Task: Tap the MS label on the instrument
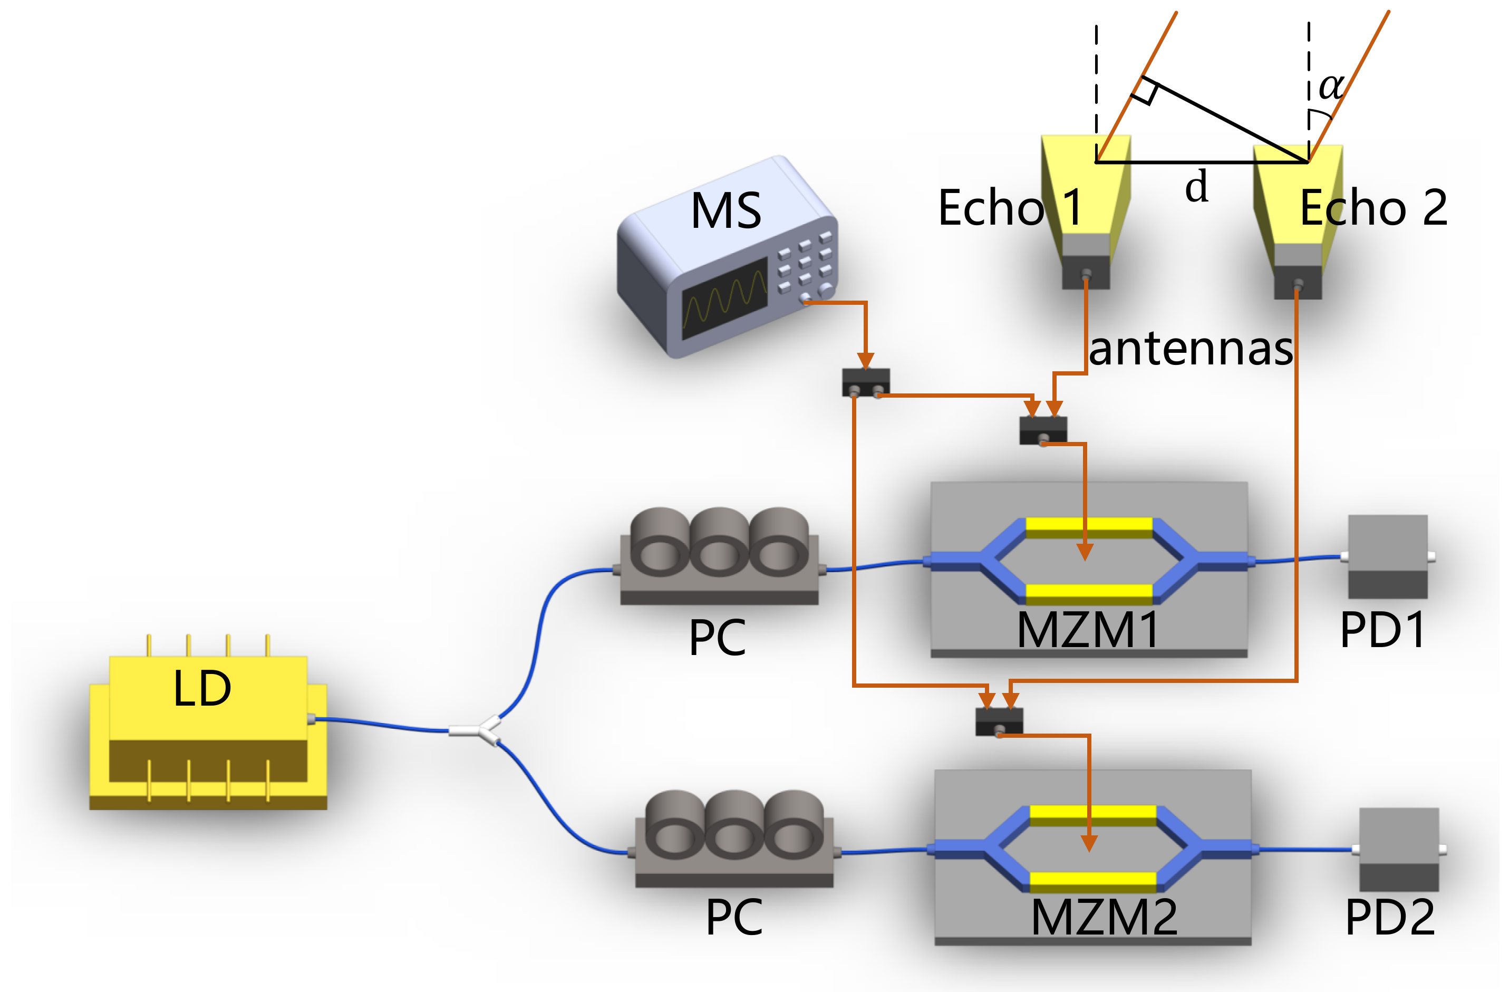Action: (x=726, y=210)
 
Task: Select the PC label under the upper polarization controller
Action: (x=717, y=638)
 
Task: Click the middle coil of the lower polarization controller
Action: (x=734, y=824)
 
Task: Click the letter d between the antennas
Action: (x=1196, y=187)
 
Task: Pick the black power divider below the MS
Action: (x=865, y=382)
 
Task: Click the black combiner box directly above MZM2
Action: (x=999, y=722)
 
